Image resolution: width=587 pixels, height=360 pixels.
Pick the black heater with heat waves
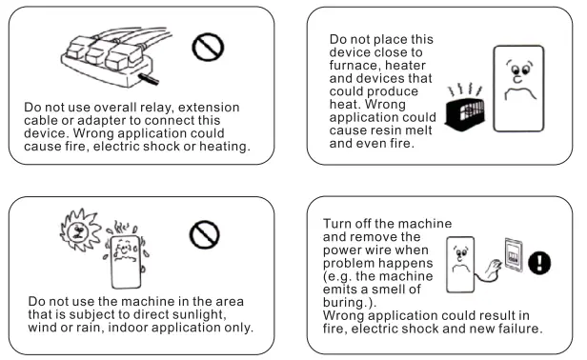pyautogui.click(x=469, y=105)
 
